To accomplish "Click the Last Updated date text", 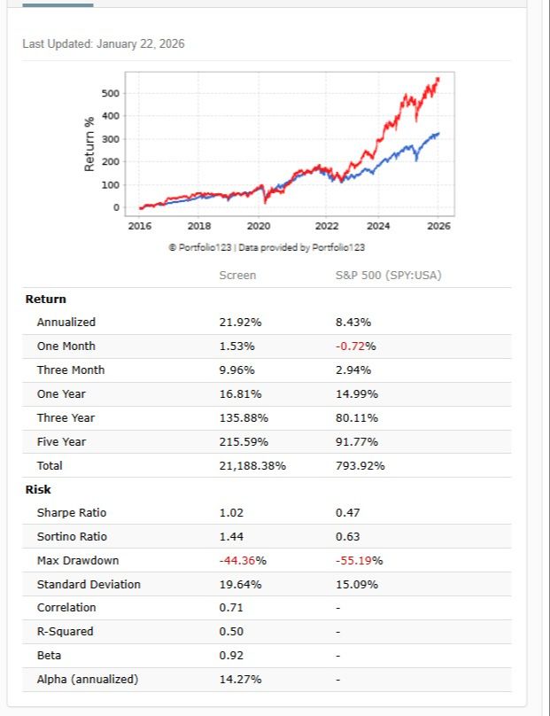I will click(104, 44).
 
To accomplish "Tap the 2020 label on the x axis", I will click(259, 226).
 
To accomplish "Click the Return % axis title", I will click(89, 144).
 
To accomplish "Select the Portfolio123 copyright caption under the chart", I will click(267, 247).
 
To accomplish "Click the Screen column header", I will click(237, 275).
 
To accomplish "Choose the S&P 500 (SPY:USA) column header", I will click(388, 275).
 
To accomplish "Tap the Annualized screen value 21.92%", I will click(240, 323).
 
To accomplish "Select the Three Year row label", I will click(66, 417).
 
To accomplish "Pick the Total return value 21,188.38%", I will click(252, 465).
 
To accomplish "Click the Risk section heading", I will click(38, 489).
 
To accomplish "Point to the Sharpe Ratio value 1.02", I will click(231, 513).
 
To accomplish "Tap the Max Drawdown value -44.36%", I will click(243, 561).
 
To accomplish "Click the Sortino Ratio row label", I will click(72, 537).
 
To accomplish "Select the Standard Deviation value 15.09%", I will click(357, 585).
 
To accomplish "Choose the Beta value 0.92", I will click(231, 656).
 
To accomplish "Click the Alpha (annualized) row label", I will click(88, 680).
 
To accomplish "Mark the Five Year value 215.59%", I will click(244, 441).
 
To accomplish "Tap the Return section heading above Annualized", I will click(45, 299).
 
